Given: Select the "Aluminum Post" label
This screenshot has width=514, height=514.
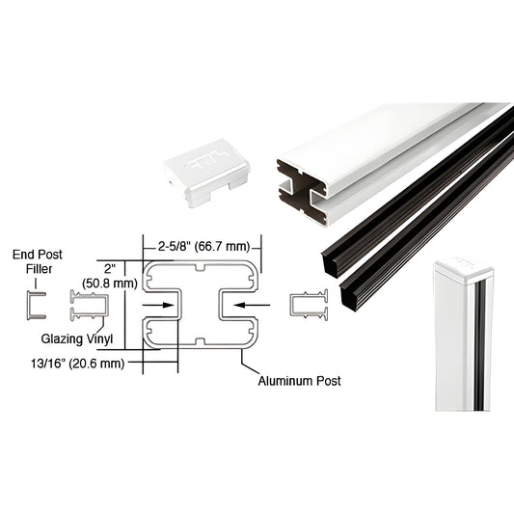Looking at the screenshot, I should click(299, 381).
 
